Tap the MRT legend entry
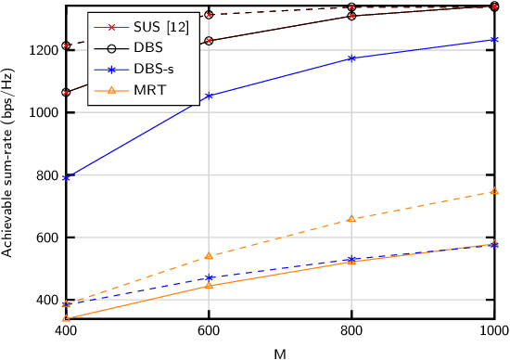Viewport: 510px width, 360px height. coord(148,89)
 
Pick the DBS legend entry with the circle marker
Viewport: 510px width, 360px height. coord(147,47)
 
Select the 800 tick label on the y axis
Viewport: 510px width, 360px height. coord(45,175)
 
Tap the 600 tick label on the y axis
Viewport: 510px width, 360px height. coord(45,238)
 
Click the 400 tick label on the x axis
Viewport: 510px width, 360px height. coord(65,330)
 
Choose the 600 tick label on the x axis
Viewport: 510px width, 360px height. coord(209,330)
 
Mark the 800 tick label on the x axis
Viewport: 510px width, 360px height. coord(351,330)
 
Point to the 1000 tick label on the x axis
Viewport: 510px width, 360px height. coord(493,330)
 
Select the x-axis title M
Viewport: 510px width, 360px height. coord(280,353)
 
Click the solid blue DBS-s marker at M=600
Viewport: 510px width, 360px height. coord(209,96)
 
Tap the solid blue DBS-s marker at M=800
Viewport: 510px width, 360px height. coord(351,58)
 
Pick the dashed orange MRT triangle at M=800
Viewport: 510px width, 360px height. coord(351,219)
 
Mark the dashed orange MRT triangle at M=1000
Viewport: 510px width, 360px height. coord(494,192)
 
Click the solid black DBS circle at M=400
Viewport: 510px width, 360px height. coord(66,93)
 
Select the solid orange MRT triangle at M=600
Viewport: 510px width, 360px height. coord(209,285)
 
